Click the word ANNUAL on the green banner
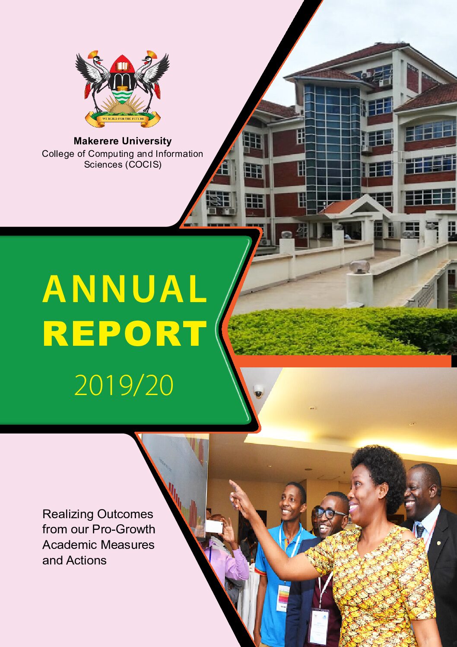124,289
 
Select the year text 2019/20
124,386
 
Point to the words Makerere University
123,141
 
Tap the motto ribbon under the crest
123,119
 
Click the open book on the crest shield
123,66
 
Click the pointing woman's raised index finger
234,485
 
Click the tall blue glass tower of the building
332,147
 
